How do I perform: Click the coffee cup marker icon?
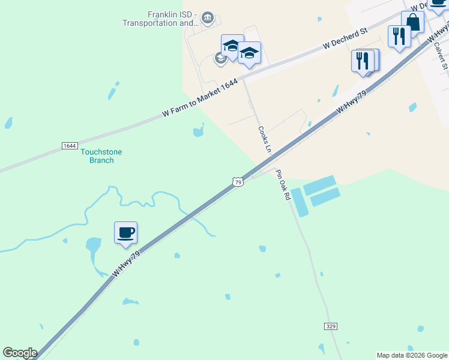pyautogui.click(x=125, y=233)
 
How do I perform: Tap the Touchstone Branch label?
pyautogui.click(x=101, y=156)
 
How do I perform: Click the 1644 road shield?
pyautogui.click(x=70, y=146)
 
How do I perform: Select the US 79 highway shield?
pyautogui.click(x=238, y=182)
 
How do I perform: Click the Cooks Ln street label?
pyautogui.click(x=265, y=139)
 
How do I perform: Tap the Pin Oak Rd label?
pyautogui.click(x=283, y=185)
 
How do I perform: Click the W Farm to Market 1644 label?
pyautogui.click(x=200, y=97)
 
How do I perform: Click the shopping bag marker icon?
pyautogui.click(x=413, y=22)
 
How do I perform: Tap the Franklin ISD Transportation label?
pyautogui.click(x=160, y=19)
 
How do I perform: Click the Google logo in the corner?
pyautogui.click(x=20, y=353)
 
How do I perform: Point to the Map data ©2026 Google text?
pyautogui.click(x=412, y=355)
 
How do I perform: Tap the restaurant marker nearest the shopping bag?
pyautogui.click(x=399, y=36)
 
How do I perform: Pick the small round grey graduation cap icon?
pyautogui.click(x=220, y=58)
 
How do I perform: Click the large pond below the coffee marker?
pyautogui.click(x=94, y=245)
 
